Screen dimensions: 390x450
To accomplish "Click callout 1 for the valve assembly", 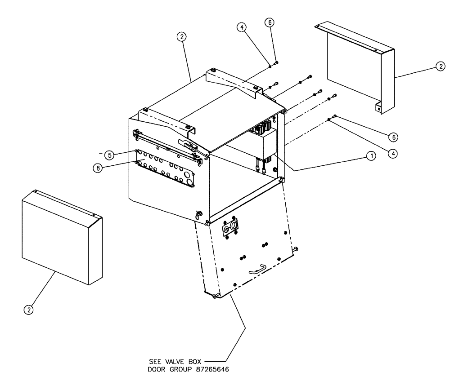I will point(370,156).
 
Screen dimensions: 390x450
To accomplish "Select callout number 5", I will point(108,155).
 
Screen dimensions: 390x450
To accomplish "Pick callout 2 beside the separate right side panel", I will point(440,67).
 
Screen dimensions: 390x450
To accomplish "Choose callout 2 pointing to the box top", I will point(182,38).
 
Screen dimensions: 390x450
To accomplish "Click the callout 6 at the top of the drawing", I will point(271,22).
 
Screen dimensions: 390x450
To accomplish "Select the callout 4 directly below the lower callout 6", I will point(394,153).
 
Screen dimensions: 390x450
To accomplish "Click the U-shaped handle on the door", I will point(258,268).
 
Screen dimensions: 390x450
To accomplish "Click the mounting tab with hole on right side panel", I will point(379,108).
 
